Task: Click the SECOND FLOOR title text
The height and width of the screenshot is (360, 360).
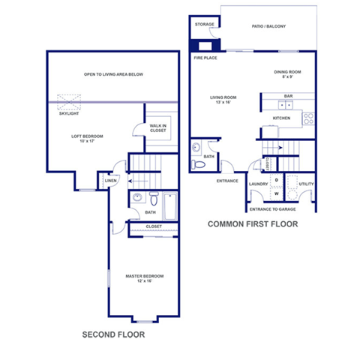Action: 112,335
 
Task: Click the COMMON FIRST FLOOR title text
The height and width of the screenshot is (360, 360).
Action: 253,223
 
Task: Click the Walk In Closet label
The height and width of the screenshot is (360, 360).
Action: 157,128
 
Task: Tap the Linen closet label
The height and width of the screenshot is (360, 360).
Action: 110,181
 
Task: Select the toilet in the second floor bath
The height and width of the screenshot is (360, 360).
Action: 153,199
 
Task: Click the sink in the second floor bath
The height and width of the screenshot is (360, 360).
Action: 136,198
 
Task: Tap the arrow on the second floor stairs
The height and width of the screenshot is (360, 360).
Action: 136,180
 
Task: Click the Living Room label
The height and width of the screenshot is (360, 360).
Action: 223,100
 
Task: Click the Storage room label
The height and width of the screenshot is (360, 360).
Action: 205,25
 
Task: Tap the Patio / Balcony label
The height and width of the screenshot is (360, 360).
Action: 268,26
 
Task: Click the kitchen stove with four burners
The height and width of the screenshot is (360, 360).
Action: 307,118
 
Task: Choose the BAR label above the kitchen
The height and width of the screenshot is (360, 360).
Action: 288,96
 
